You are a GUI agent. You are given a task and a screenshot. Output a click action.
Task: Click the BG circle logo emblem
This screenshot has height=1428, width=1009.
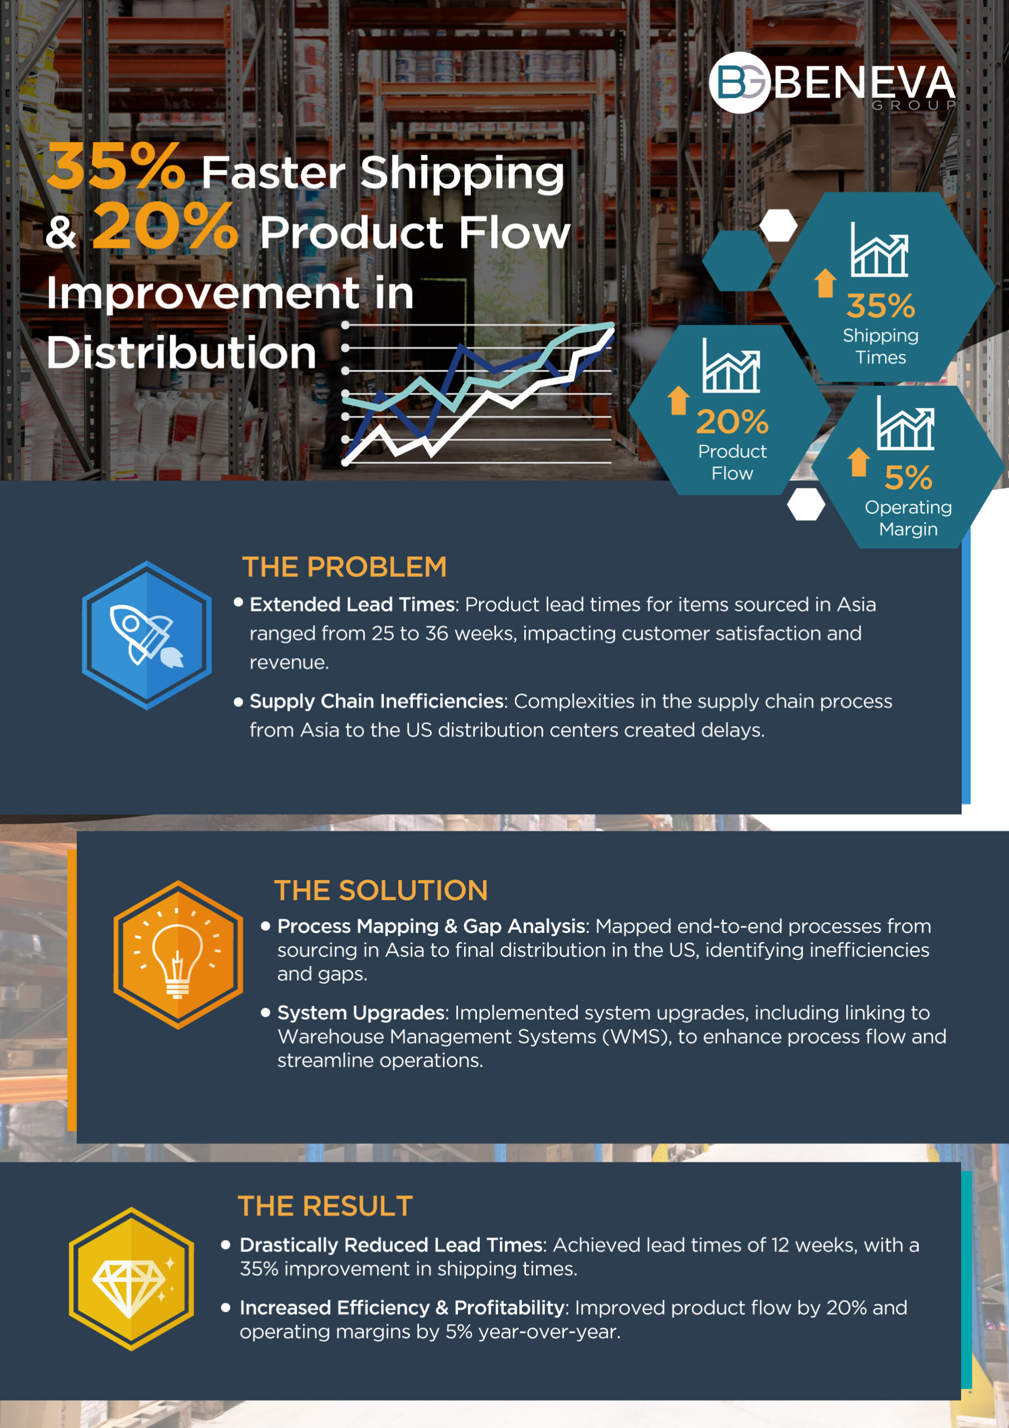coord(740,82)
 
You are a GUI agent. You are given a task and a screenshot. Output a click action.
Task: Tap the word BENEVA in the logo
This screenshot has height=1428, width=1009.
coord(865,82)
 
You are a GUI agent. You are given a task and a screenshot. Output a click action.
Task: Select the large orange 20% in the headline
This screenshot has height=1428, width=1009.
coord(166,225)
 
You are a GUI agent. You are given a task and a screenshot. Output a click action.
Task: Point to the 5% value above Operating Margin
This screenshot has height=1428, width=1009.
coord(908,477)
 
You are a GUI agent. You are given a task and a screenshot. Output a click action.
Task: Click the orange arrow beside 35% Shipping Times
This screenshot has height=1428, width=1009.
coord(825,283)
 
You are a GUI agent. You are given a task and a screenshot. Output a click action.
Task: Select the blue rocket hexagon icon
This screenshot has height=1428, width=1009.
coord(147,635)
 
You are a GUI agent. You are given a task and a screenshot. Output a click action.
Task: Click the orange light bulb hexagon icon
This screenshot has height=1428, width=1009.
coord(178,954)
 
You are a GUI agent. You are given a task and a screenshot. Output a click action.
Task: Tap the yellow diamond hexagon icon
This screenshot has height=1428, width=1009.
coord(131,1279)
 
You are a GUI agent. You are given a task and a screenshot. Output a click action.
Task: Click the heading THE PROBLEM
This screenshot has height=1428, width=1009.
coord(344,567)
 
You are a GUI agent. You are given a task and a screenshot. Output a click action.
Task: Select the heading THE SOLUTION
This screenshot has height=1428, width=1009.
coord(381,890)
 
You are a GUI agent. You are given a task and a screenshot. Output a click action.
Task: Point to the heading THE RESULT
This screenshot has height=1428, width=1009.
coord(325,1206)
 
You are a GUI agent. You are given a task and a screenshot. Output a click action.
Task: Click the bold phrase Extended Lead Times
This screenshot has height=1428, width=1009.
coord(352,604)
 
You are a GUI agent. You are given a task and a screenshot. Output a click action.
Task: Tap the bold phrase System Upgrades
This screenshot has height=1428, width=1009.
coord(361,1013)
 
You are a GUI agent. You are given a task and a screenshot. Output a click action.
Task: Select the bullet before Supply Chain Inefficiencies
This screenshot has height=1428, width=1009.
coord(238,702)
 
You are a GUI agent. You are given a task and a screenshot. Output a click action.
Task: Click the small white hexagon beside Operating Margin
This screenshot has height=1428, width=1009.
coord(806,504)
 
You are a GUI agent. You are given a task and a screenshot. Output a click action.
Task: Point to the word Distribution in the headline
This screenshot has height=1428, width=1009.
coord(182,352)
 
